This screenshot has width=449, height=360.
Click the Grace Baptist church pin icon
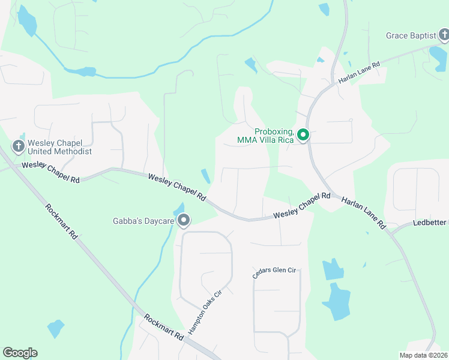(444, 36)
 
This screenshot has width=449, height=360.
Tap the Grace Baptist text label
(411, 36)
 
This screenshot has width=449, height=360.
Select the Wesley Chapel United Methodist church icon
(17, 146)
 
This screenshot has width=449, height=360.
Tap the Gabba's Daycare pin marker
(184, 221)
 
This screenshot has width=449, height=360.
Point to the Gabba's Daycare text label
(143, 221)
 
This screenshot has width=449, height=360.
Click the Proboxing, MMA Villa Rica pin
(303, 136)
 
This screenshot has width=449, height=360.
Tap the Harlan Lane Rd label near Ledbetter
(364, 212)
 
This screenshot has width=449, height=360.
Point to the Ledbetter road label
(430, 223)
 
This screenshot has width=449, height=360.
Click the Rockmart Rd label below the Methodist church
(61, 221)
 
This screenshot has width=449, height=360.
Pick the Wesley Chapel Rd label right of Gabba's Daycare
(302, 206)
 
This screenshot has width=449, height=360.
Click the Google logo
(20, 353)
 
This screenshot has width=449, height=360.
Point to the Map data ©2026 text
(423, 355)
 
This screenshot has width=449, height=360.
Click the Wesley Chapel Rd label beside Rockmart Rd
(50, 172)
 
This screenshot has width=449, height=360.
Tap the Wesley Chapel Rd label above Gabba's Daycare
(177, 187)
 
